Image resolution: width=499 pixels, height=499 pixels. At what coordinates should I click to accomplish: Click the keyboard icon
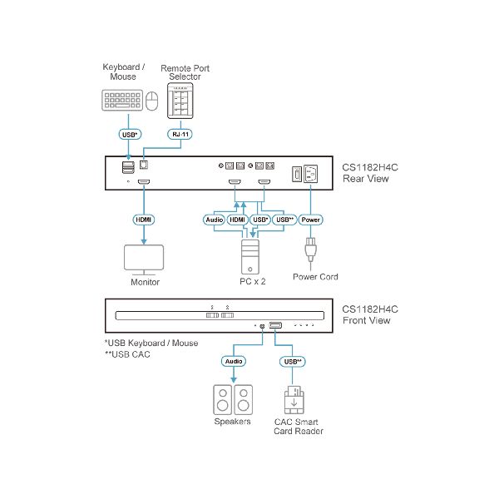[123, 101]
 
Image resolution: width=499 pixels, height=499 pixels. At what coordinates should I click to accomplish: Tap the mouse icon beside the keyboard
[151, 101]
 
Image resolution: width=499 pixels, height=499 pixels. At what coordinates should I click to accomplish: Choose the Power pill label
[309, 220]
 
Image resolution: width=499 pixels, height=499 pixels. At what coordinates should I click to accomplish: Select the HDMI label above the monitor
[143, 220]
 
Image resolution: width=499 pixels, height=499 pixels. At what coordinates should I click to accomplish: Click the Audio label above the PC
[215, 220]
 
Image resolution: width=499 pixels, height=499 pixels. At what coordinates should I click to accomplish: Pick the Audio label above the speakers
[234, 362]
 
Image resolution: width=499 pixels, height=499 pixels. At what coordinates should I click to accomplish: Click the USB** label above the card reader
[291, 362]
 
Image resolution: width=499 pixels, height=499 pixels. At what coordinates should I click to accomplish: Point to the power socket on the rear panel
[311, 175]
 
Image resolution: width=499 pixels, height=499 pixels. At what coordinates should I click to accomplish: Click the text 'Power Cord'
[315, 277]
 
